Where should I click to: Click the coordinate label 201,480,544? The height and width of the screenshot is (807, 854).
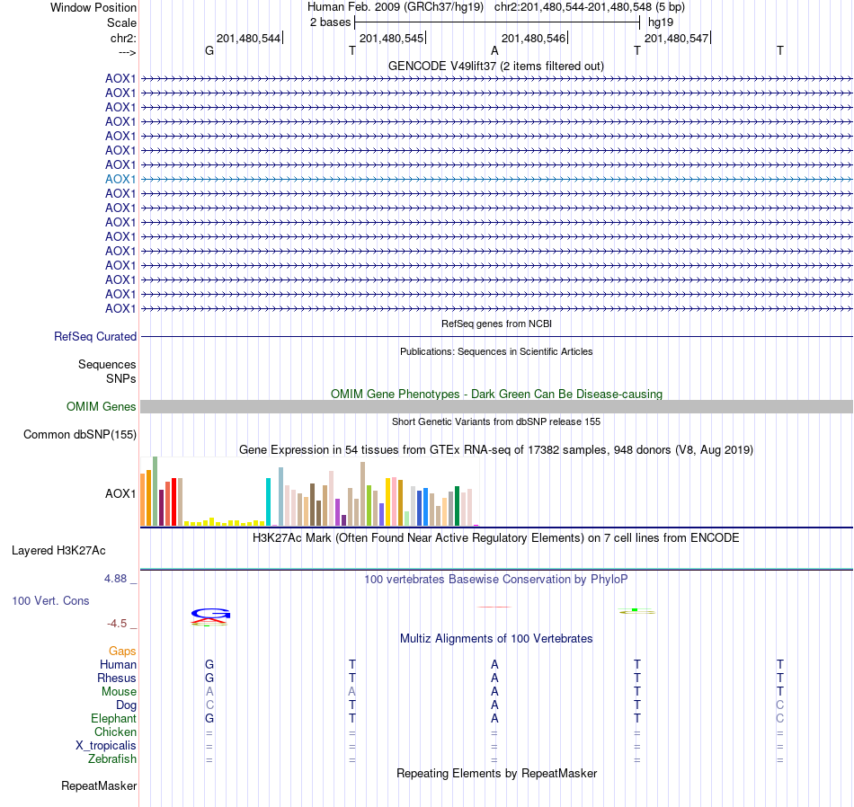click(248, 39)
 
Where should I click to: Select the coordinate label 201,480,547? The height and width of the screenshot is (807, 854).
click(676, 39)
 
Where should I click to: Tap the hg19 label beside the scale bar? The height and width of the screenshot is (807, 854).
click(661, 22)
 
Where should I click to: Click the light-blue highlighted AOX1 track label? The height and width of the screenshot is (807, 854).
click(120, 179)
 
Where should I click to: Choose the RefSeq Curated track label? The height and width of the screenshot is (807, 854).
click(95, 337)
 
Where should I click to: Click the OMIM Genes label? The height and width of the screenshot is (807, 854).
click(102, 407)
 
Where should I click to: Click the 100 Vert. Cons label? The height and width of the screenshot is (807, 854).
click(51, 600)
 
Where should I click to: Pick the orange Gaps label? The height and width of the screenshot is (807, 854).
click(122, 651)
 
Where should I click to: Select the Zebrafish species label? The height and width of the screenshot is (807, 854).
click(112, 759)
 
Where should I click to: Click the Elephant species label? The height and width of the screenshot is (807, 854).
click(113, 719)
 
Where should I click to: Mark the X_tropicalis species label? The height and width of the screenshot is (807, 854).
click(106, 746)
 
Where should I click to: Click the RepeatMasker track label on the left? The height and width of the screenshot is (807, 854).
click(99, 786)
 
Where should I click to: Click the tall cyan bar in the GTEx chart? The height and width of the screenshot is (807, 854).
click(269, 501)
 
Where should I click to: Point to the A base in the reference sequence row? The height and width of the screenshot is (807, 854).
click(494, 50)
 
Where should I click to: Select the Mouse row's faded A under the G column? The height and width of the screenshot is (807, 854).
click(209, 692)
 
